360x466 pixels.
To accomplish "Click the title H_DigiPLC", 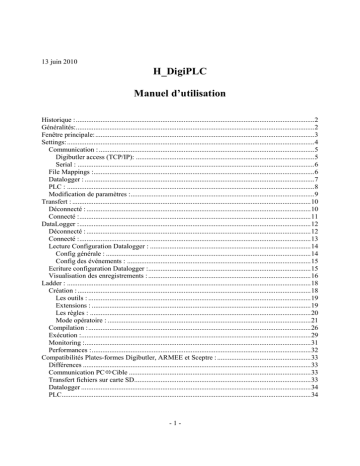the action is click(179, 71).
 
